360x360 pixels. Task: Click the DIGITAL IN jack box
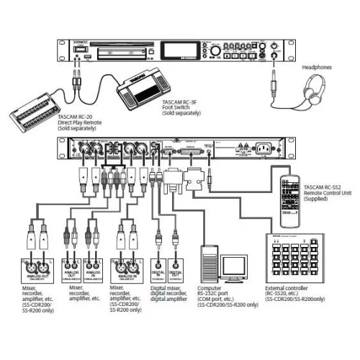click(156, 270)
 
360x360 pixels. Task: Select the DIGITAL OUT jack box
click(178, 270)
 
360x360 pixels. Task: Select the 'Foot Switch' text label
click(180, 109)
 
